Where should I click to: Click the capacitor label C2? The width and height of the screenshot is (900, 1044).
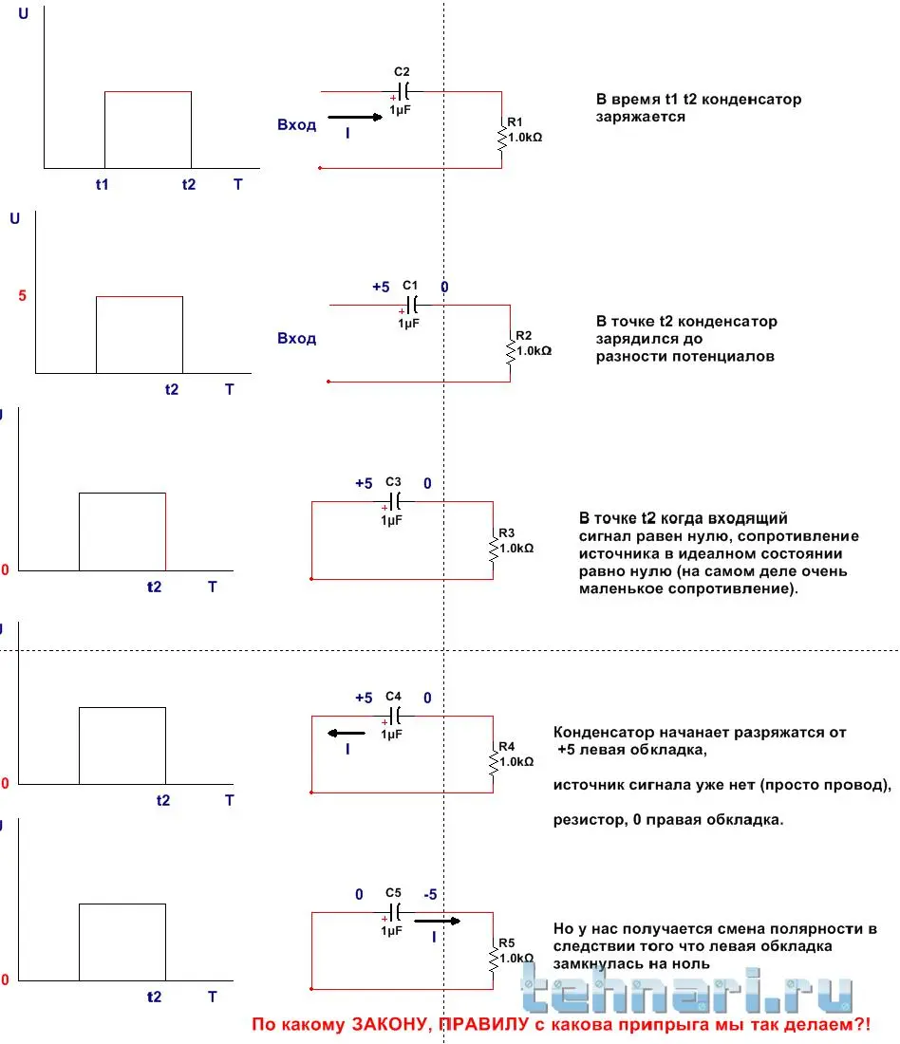click(x=402, y=71)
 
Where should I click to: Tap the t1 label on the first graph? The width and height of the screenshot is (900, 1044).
click(x=102, y=184)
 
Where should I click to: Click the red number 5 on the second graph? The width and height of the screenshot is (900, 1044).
click(x=22, y=296)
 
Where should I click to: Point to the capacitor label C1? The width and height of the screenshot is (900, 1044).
click(x=410, y=285)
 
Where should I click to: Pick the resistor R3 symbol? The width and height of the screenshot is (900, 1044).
click(x=493, y=549)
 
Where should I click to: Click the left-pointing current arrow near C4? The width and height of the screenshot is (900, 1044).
click(x=347, y=734)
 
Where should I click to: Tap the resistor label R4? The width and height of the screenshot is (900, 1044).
click(x=506, y=745)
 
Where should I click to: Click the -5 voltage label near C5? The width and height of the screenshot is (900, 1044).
click(x=429, y=894)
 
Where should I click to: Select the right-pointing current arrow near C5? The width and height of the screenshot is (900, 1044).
click(x=438, y=920)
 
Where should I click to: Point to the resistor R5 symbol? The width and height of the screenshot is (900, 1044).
click(x=493, y=960)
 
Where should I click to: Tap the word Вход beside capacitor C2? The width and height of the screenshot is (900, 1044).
click(x=296, y=124)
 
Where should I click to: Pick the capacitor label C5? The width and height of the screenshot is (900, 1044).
click(x=394, y=893)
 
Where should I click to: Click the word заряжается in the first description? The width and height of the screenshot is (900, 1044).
click(x=641, y=117)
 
